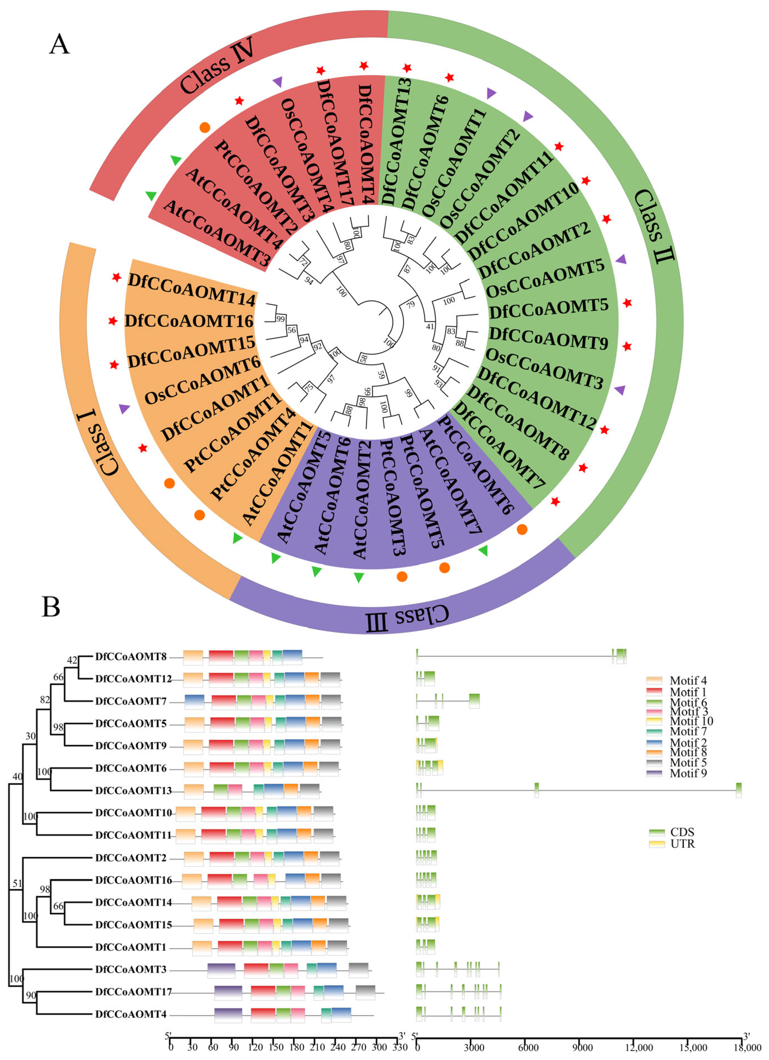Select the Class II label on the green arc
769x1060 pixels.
coord(654,226)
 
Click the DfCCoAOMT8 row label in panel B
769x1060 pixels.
coord(131,657)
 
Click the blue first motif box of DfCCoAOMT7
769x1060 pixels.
coord(194,701)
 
